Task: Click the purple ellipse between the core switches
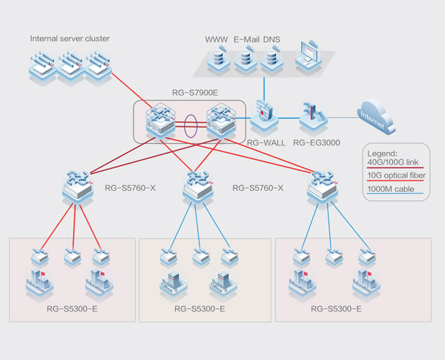tap(191, 124)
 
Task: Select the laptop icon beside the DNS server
tap(309, 59)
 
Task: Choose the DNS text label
tap(272, 39)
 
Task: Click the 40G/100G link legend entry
tap(394, 161)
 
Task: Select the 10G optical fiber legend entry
tap(395, 175)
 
